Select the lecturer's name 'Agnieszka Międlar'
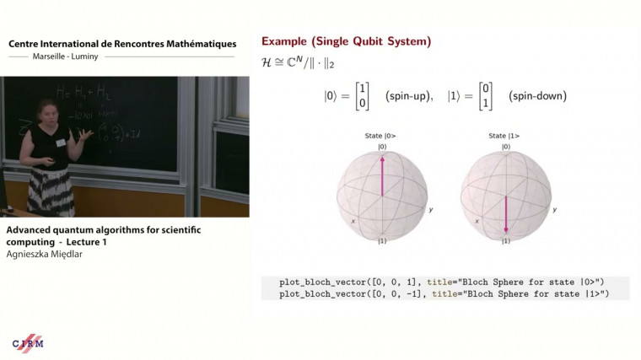(x=45, y=255)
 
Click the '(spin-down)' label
(x=537, y=96)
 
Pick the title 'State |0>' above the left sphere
(x=382, y=136)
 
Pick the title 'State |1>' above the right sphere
(x=504, y=136)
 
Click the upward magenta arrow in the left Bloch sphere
(x=382, y=175)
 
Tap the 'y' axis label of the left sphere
(x=431, y=209)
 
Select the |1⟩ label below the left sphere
(x=382, y=241)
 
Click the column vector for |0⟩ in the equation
(x=363, y=95)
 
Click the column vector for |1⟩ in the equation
(x=485, y=95)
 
